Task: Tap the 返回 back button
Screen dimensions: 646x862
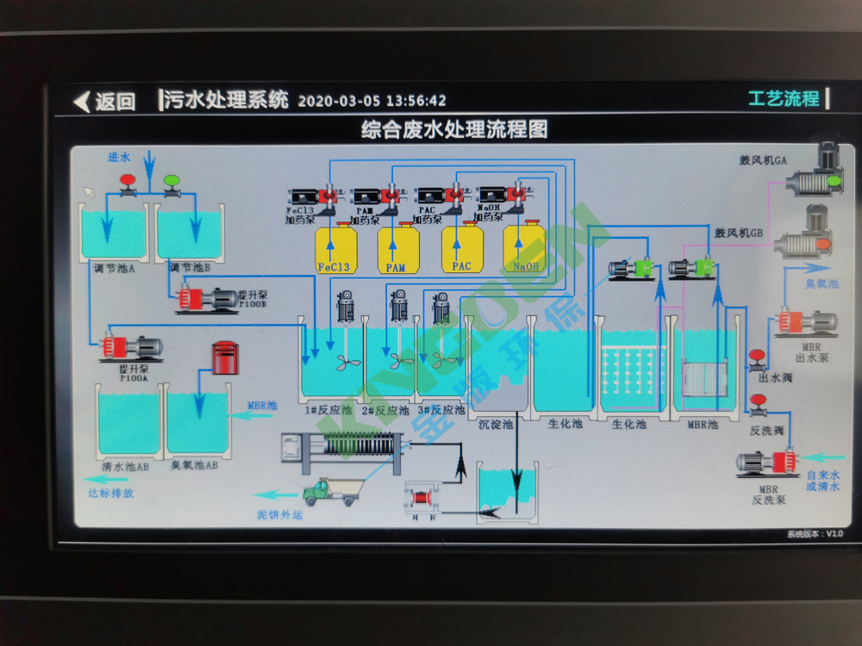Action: tap(105, 102)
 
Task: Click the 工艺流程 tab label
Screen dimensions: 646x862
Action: tap(784, 98)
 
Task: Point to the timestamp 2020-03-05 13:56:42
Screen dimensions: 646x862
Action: tap(372, 101)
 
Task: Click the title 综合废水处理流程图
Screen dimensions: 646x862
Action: tap(454, 130)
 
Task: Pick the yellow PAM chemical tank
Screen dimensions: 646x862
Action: tap(397, 249)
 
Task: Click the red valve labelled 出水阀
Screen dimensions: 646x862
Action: tap(759, 356)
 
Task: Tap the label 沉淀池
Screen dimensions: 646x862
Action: tap(496, 424)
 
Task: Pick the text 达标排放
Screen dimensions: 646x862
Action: tap(110, 494)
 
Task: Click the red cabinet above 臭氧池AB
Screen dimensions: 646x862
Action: tap(224, 357)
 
